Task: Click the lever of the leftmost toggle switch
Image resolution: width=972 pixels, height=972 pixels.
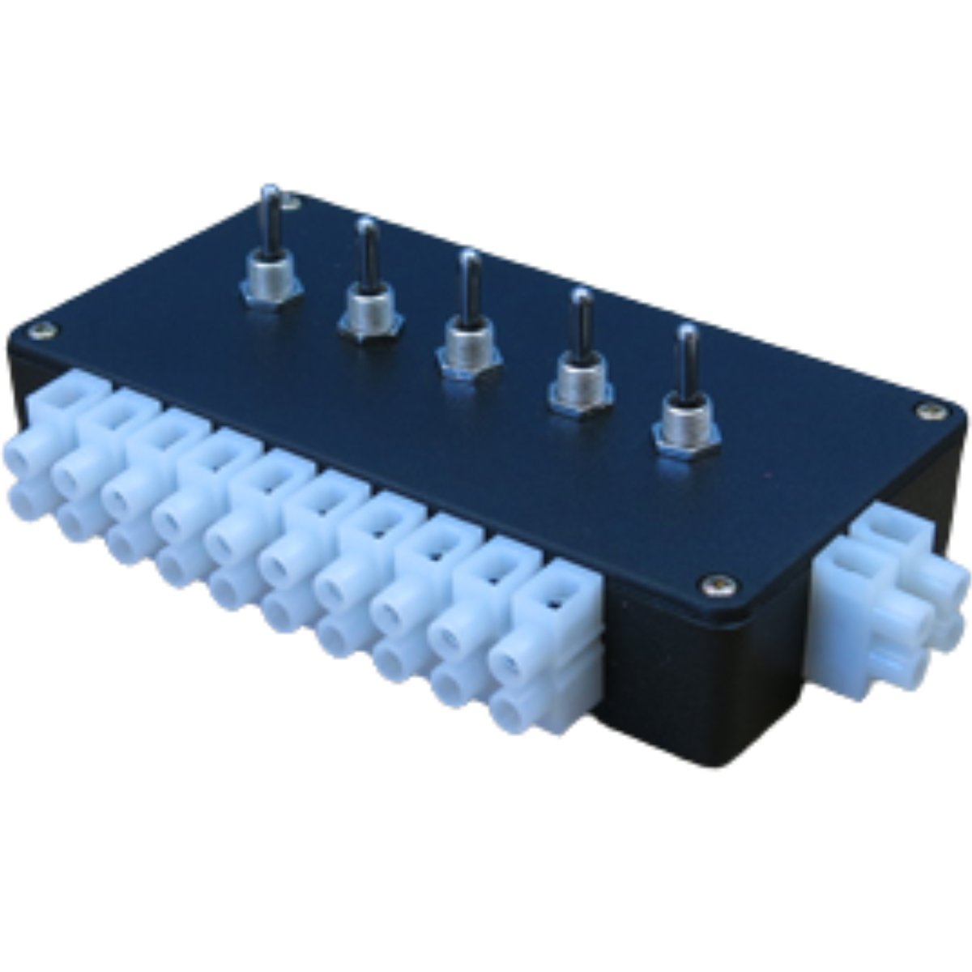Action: point(272,223)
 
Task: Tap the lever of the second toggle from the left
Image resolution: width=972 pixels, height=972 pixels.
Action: point(368,255)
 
